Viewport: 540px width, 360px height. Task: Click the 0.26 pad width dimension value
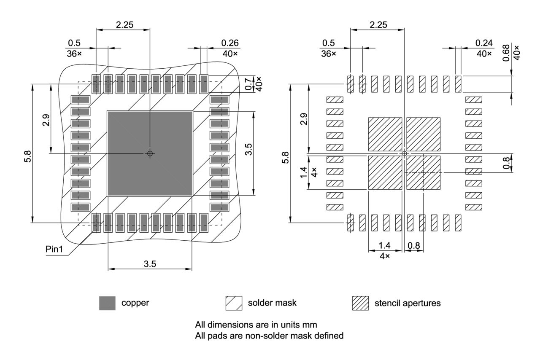(x=230, y=43)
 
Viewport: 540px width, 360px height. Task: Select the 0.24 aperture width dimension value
(x=483, y=43)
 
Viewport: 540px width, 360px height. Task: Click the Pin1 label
(x=54, y=249)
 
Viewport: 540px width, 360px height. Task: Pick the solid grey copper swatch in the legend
(x=107, y=303)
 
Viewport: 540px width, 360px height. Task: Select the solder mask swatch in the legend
(x=234, y=303)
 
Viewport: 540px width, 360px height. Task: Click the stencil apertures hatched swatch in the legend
(x=360, y=303)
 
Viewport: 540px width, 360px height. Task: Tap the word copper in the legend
(x=135, y=303)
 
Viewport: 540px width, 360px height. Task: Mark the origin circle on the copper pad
(x=150, y=153)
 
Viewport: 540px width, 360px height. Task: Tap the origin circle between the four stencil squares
(x=404, y=153)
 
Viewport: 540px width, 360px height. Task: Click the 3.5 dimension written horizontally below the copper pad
(x=150, y=264)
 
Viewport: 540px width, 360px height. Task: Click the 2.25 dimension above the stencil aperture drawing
(x=378, y=25)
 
